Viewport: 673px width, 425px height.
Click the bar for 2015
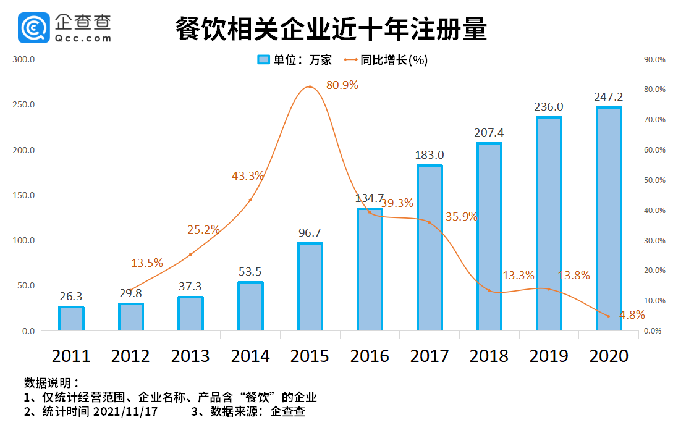[310, 287]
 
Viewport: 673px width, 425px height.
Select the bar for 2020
[609, 219]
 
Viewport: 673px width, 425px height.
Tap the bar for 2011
[71, 319]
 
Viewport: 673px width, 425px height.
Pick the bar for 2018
[489, 237]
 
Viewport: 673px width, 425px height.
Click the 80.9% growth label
[342, 85]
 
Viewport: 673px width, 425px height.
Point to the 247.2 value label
[609, 97]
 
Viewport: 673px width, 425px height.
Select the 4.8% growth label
[632, 315]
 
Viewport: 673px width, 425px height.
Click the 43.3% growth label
[248, 176]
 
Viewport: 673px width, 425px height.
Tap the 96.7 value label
[310, 233]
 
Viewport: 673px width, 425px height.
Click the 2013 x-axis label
[190, 356]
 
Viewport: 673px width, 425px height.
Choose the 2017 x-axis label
[430, 356]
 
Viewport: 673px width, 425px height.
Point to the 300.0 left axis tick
[24, 60]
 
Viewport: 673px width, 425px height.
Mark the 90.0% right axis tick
[654, 60]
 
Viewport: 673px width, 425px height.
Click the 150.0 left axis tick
[24, 196]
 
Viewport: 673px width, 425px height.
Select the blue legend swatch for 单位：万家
[264, 60]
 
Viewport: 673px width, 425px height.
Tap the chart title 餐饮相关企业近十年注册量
[331, 28]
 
